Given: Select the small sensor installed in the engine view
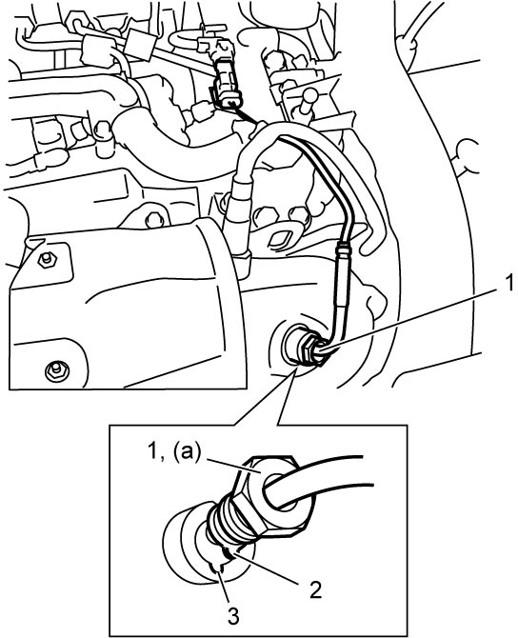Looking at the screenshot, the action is pyautogui.click(x=306, y=343).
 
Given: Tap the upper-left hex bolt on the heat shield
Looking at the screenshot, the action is pyautogui.click(x=46, y=259).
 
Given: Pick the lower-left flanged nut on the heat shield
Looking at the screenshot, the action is pyautogui.click(x=56, y=370).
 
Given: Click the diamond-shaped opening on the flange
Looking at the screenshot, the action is pyautogui.click(x=282, y=239).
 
